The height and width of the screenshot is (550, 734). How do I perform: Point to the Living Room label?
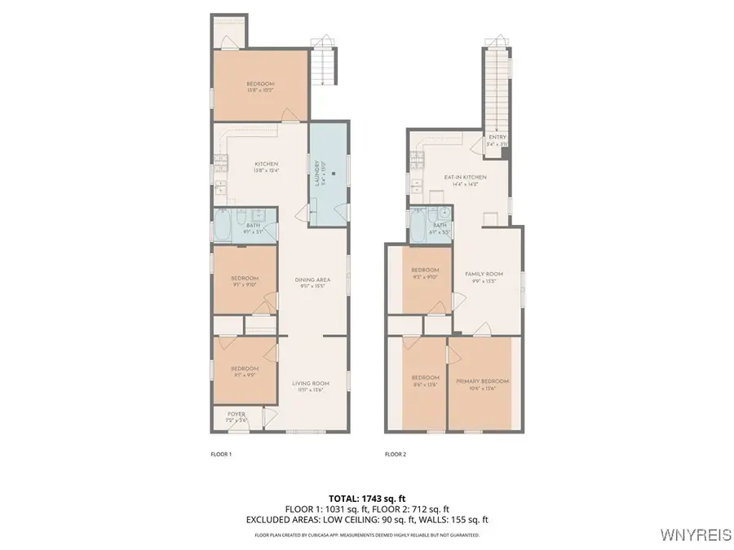coord(311,386)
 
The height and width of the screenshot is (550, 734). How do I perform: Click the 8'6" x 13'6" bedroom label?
coord(425,380)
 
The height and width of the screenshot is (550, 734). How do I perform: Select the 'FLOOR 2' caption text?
coord(396,454)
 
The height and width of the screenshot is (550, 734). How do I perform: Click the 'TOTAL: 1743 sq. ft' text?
coord(366,497)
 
